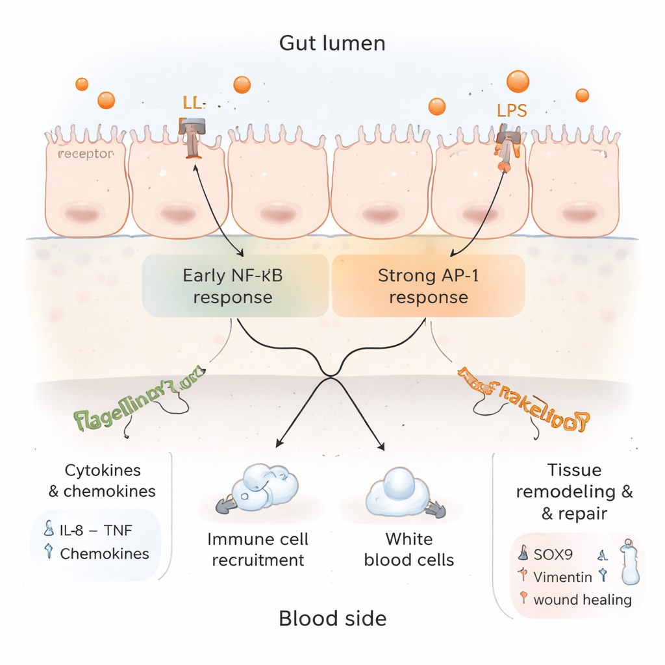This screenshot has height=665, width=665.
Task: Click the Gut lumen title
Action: pos(332,44)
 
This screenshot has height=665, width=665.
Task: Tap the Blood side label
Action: pos(332,618)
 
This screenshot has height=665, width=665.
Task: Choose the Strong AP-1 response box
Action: pos(429,286)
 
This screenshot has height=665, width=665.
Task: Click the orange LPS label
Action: pos(512,110)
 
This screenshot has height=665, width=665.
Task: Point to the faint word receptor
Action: pos(86,154)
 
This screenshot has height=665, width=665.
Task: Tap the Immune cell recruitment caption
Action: pos(258,549)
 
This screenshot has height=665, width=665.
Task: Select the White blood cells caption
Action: pos(408,549)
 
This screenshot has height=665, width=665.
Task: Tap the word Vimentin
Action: pos(562,577)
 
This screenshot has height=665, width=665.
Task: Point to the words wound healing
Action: pos(582,599)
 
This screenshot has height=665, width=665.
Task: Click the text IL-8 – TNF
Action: pos(95,531)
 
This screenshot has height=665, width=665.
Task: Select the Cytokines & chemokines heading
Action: pos(103,481)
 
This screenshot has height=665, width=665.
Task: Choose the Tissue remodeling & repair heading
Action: pos(574,492)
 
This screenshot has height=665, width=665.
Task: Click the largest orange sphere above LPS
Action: pos(518,82)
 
